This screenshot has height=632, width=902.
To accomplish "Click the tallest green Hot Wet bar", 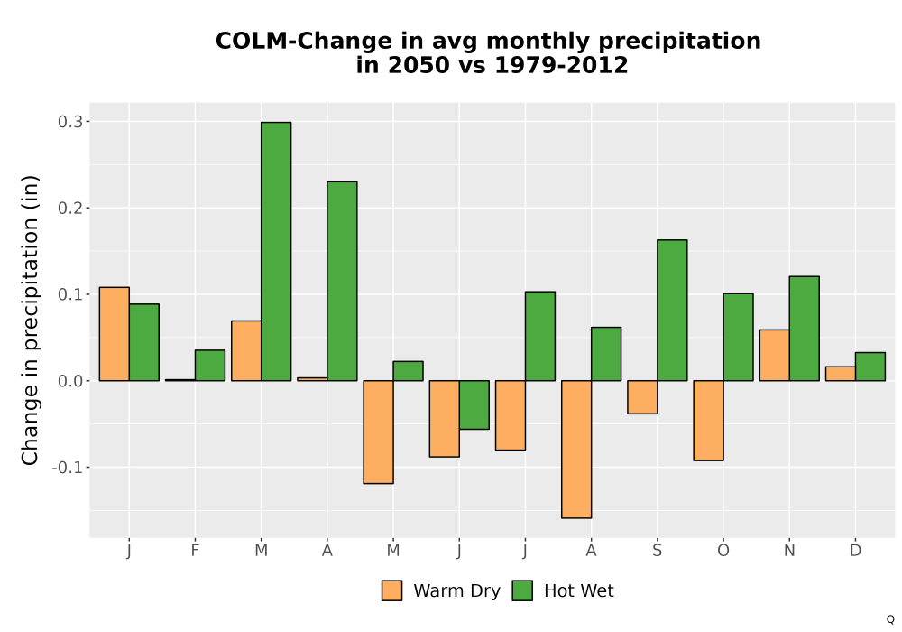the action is pyautogui.click(x=276, y=251).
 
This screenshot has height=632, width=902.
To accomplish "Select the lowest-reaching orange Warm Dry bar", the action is pyautogui.click(x=576, y=449).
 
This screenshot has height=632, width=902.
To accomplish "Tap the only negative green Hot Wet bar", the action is pyautogui.click(x=474, y=404).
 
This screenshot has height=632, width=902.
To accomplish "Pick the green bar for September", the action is pyautogui.click(x=672, y=311).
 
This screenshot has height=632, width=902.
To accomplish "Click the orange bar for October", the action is pyautogui.click(x=708, y=420).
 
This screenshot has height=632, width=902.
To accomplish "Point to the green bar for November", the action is pyautogui.click(x=805, y=328).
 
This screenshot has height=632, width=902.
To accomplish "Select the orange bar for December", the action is pyautogui.click(x=841, y=374).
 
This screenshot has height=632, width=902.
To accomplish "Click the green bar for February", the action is pyautogui.click(x=210, y=365).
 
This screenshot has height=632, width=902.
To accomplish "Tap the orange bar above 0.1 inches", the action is pyautogui.click(x=114, y=334).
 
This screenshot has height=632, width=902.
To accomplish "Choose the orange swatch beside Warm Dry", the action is pyautogui.click(x=391, y=590).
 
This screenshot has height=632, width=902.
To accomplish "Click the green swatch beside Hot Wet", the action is pyautogui.click(x=522, y=590).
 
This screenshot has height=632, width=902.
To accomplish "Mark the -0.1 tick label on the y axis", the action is pyautogui.click(x=68, y=468).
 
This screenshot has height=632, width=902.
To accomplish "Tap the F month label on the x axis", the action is pyautogui.click(x=195, y=551).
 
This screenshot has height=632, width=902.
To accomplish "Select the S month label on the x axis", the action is pyautogui.click(x=657, y=551).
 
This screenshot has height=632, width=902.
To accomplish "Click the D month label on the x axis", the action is pyautogui.click(x=855, y=551).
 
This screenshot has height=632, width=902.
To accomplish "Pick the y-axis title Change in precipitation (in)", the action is pyautogui.click(x=30, y=320).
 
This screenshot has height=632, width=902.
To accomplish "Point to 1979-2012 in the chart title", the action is pyautogui.click(x=561, y=64).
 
